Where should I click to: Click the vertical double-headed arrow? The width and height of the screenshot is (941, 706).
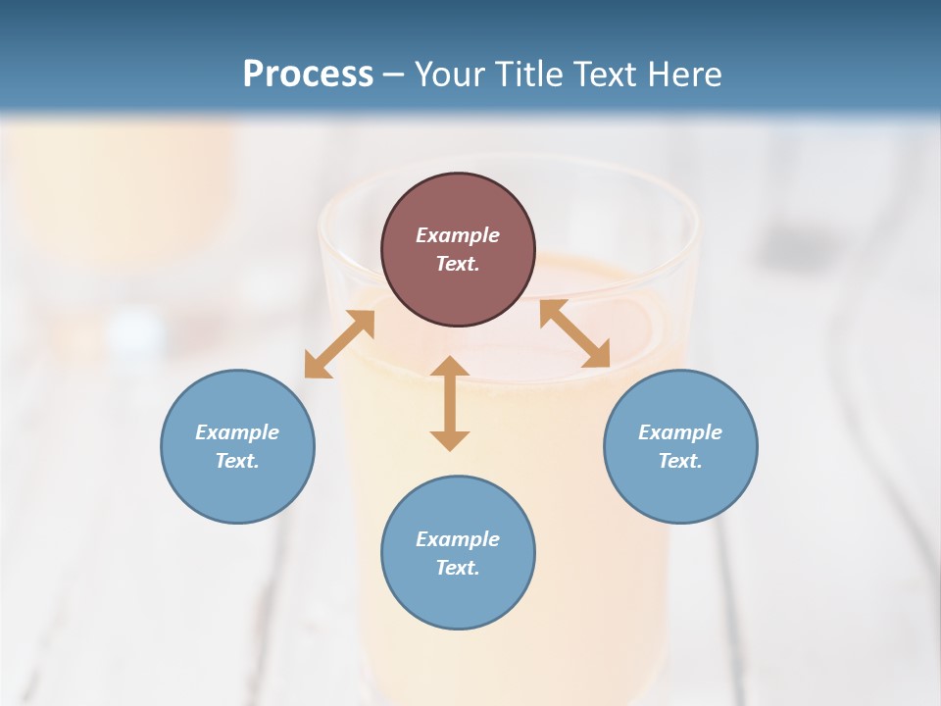450,404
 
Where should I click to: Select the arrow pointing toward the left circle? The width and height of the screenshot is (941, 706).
339,344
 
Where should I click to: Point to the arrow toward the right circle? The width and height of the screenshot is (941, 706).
574,333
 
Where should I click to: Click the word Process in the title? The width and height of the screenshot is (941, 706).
308,75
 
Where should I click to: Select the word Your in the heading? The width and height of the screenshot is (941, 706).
450,75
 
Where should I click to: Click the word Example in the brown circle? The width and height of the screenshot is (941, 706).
458,235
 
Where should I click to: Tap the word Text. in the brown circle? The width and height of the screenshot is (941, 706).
458,264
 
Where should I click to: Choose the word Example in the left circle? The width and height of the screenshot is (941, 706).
237,432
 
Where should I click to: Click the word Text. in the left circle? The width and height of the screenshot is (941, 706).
237,461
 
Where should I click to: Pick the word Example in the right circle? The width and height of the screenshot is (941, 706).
680,432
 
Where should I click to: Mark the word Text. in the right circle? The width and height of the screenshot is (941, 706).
680,461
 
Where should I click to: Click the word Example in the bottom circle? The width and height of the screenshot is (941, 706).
458,539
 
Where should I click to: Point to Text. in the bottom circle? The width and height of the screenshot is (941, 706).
458,568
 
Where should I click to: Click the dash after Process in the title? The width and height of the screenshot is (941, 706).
394,76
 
